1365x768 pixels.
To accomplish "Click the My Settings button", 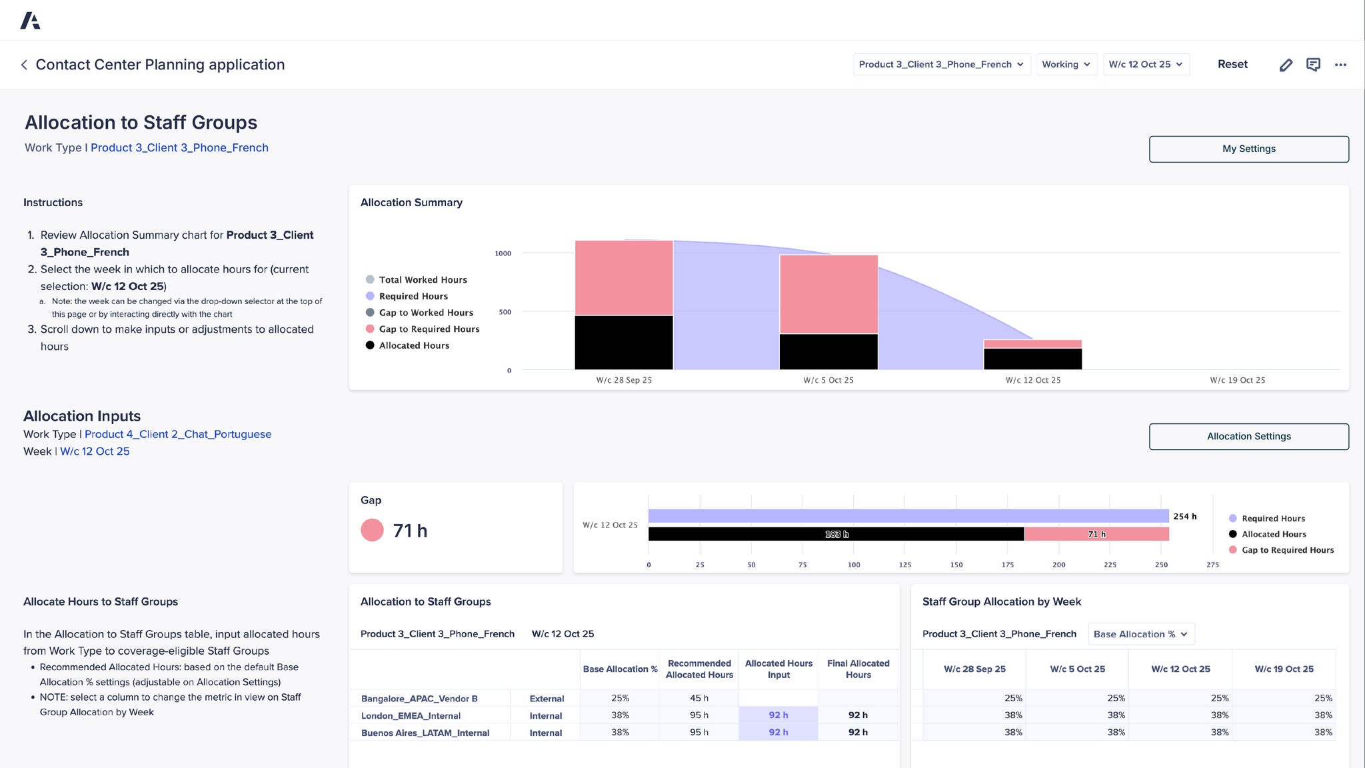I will click(1248, 149).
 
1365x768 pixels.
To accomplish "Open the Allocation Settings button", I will click(1248, 437).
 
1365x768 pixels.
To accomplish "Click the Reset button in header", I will click(1232, 64).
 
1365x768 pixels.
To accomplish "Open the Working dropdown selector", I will click(1066, 64).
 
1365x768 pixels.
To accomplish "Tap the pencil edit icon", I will click(1286, 65).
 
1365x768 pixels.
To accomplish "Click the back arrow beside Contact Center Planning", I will click(24, 65).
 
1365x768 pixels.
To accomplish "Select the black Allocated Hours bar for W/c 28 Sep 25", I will click(624, 343).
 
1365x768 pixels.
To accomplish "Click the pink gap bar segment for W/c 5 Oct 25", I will click(828, 294).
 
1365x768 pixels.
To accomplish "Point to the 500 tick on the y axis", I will click(505, 312).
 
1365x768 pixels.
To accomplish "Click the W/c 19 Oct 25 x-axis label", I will click(1237, 380).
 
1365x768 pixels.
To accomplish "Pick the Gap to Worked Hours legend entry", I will click(426, 313).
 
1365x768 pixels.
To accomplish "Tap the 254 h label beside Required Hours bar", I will click(1184, 517).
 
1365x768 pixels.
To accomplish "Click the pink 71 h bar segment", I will click(1096, 534).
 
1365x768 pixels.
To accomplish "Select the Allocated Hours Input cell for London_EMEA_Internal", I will click(778, 715).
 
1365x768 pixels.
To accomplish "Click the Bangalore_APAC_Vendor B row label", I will click(419, 699).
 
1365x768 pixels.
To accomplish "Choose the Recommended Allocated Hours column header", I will click(699, 669).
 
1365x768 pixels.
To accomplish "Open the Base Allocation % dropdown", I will click(1140, 634).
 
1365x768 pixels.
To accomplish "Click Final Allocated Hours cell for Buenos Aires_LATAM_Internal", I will click(858, 732).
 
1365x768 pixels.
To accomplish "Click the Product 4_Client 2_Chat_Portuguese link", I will click(178, 434).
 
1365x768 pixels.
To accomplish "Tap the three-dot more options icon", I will click(1340, 65).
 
